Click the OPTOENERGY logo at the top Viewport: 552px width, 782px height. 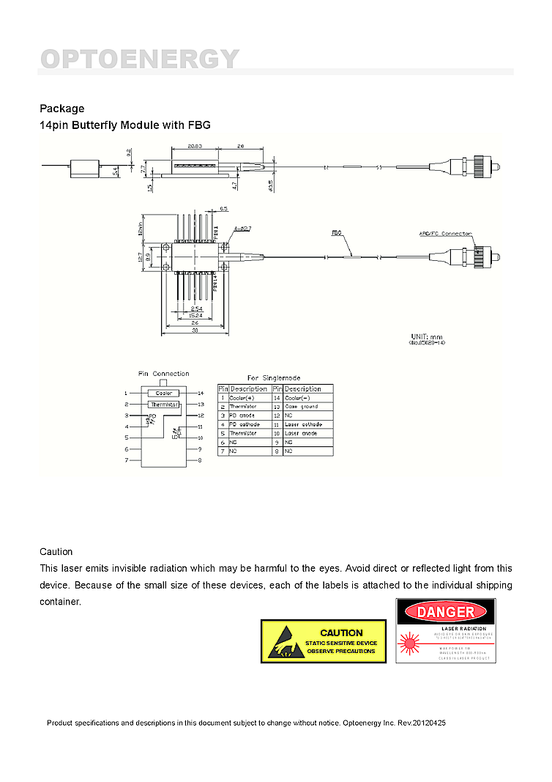tap(140, 59)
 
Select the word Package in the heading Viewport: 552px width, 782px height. tap(61, 108)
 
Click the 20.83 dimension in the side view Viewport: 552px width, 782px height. tap(195, 146)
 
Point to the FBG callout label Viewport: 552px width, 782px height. tap(337, 232)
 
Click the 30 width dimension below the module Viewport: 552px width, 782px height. tap(195, 331)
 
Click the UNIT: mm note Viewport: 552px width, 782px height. tap(428, 336)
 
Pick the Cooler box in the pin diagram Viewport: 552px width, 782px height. tap(163, 394)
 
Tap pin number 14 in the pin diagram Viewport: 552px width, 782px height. tap(201, 394)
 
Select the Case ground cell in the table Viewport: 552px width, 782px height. tap(302, 407)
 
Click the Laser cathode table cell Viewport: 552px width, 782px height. tap(303, 424)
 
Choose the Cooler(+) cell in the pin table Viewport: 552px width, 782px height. tap(242, 398)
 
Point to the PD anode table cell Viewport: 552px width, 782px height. tap(242, 416)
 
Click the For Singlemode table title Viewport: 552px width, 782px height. tap(274, 378)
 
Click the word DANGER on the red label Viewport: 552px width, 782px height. tap(446, 612)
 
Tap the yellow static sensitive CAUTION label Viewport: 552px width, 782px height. tap(323, 641)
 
